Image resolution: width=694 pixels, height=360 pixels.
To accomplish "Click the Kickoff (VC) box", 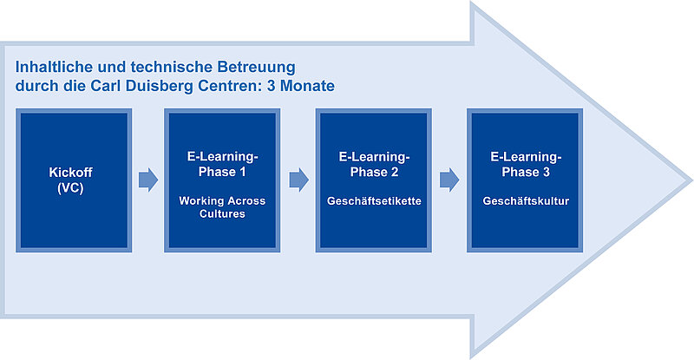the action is [x=74, y=180].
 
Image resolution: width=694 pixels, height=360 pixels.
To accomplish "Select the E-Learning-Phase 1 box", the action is [x=222, y=180].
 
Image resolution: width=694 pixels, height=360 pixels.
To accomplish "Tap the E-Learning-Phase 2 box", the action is [x=374, y=180].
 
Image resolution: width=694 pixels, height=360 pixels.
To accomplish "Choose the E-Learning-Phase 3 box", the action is [x=525, y=180].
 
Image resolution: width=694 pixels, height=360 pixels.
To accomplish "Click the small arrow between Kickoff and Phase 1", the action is [x=148, y=180].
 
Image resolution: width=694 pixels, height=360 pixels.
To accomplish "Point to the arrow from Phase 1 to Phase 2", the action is [x=299, y=180].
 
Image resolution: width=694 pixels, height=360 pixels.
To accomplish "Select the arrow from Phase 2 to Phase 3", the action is [x=449, y=180].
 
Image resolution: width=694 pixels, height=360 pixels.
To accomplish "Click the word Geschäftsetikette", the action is [x=374, y=201].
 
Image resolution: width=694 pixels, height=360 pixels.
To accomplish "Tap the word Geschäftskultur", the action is [x=526, y=201].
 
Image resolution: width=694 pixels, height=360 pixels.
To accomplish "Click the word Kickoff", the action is [x=70, y=173].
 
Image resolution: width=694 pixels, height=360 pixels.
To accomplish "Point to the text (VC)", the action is [x=70, y=188].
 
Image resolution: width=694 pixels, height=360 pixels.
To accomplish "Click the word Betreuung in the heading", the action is [x=256, y=67].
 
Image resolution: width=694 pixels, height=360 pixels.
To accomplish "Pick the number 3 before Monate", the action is [x=271, y=86].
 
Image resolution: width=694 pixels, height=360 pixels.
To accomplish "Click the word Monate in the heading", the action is [x=308, y=86].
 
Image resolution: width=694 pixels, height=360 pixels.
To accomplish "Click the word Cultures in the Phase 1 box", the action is [x=222, y=214].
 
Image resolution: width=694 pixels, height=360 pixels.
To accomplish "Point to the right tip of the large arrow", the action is [x=691, y=180].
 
